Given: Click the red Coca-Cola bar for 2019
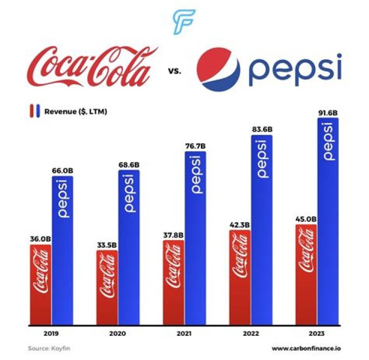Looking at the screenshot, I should pos(40,285).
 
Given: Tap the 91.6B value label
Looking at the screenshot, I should pos(328,112).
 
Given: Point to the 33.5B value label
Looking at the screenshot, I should pos(107,244).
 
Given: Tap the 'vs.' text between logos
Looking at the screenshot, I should pos(174,71).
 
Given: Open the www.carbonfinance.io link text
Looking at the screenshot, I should pos(307,349).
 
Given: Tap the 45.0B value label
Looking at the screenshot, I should pos(306,218).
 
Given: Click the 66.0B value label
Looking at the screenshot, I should pos(63,170).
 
